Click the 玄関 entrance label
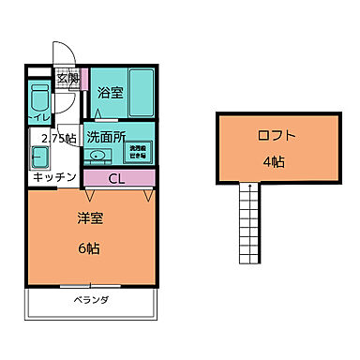[x=68, y=78]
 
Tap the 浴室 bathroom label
[x=110, y=92]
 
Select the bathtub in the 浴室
[x=141, y=92]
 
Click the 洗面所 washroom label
[x=106, y=136]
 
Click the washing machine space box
[x=138, y=149]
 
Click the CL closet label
[x=118, y=177]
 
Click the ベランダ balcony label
[x=91, y=300]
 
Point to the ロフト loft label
[x=276, y=137]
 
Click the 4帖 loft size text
[x=276, y=160]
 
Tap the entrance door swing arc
[x=60, y=52]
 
